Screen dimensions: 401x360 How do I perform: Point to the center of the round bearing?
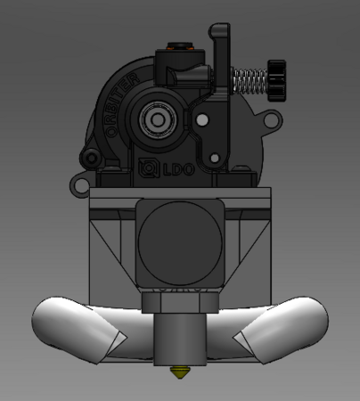(158, 119)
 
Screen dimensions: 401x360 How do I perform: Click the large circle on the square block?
(179, 241)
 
